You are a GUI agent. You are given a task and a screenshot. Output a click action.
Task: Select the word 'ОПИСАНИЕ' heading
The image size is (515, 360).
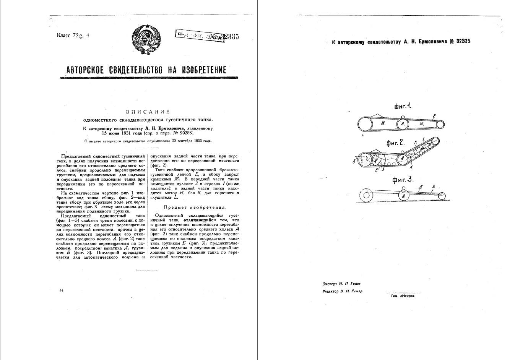coord(148,112)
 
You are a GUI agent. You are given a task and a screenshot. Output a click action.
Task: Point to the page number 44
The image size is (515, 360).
coord(61,291)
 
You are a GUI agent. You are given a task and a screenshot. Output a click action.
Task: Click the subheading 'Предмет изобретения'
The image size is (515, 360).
coord(187,207)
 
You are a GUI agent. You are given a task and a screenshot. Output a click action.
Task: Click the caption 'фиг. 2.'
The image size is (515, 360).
coord(395,143)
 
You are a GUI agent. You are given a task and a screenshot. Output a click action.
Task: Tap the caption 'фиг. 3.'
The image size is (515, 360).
coord(403,179)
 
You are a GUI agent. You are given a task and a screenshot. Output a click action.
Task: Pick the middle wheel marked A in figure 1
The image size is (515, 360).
coord(402,124)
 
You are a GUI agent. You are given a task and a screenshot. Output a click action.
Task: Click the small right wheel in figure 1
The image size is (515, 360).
coord(440,124)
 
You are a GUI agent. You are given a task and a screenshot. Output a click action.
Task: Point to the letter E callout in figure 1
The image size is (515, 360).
coord(434,116)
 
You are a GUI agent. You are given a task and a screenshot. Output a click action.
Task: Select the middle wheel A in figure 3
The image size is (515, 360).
coord(403,195)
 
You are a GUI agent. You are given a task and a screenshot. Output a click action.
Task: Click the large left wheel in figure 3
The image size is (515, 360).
coord(366,196)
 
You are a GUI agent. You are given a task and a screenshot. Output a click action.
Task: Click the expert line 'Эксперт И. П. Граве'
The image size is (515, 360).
coord(341,284)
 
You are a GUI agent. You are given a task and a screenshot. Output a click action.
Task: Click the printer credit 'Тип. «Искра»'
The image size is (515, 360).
coord(403,296)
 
